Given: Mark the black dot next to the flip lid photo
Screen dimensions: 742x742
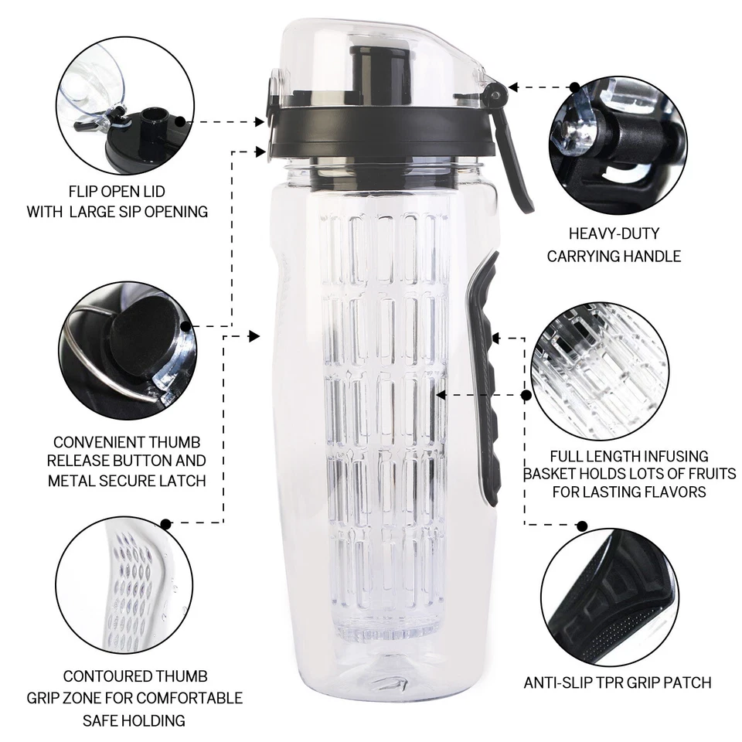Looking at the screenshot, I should [x=181, y=121].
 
